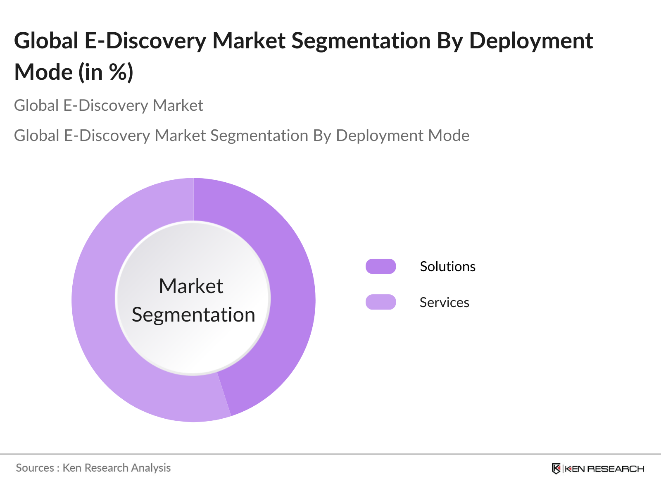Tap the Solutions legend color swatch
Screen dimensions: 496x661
380,267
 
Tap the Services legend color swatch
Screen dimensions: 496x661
380,302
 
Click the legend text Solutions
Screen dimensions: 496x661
447,267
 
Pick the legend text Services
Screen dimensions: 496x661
444,303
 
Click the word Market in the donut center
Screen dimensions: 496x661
191,286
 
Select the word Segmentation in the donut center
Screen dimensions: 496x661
193,315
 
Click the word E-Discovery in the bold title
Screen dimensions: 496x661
145,41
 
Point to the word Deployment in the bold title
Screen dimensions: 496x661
531,41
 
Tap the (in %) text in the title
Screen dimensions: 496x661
106,72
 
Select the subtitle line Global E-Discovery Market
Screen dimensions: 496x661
108,105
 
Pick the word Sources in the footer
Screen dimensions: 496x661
35,468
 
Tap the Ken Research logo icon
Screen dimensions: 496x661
556,469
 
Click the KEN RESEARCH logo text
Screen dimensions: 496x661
604,469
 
